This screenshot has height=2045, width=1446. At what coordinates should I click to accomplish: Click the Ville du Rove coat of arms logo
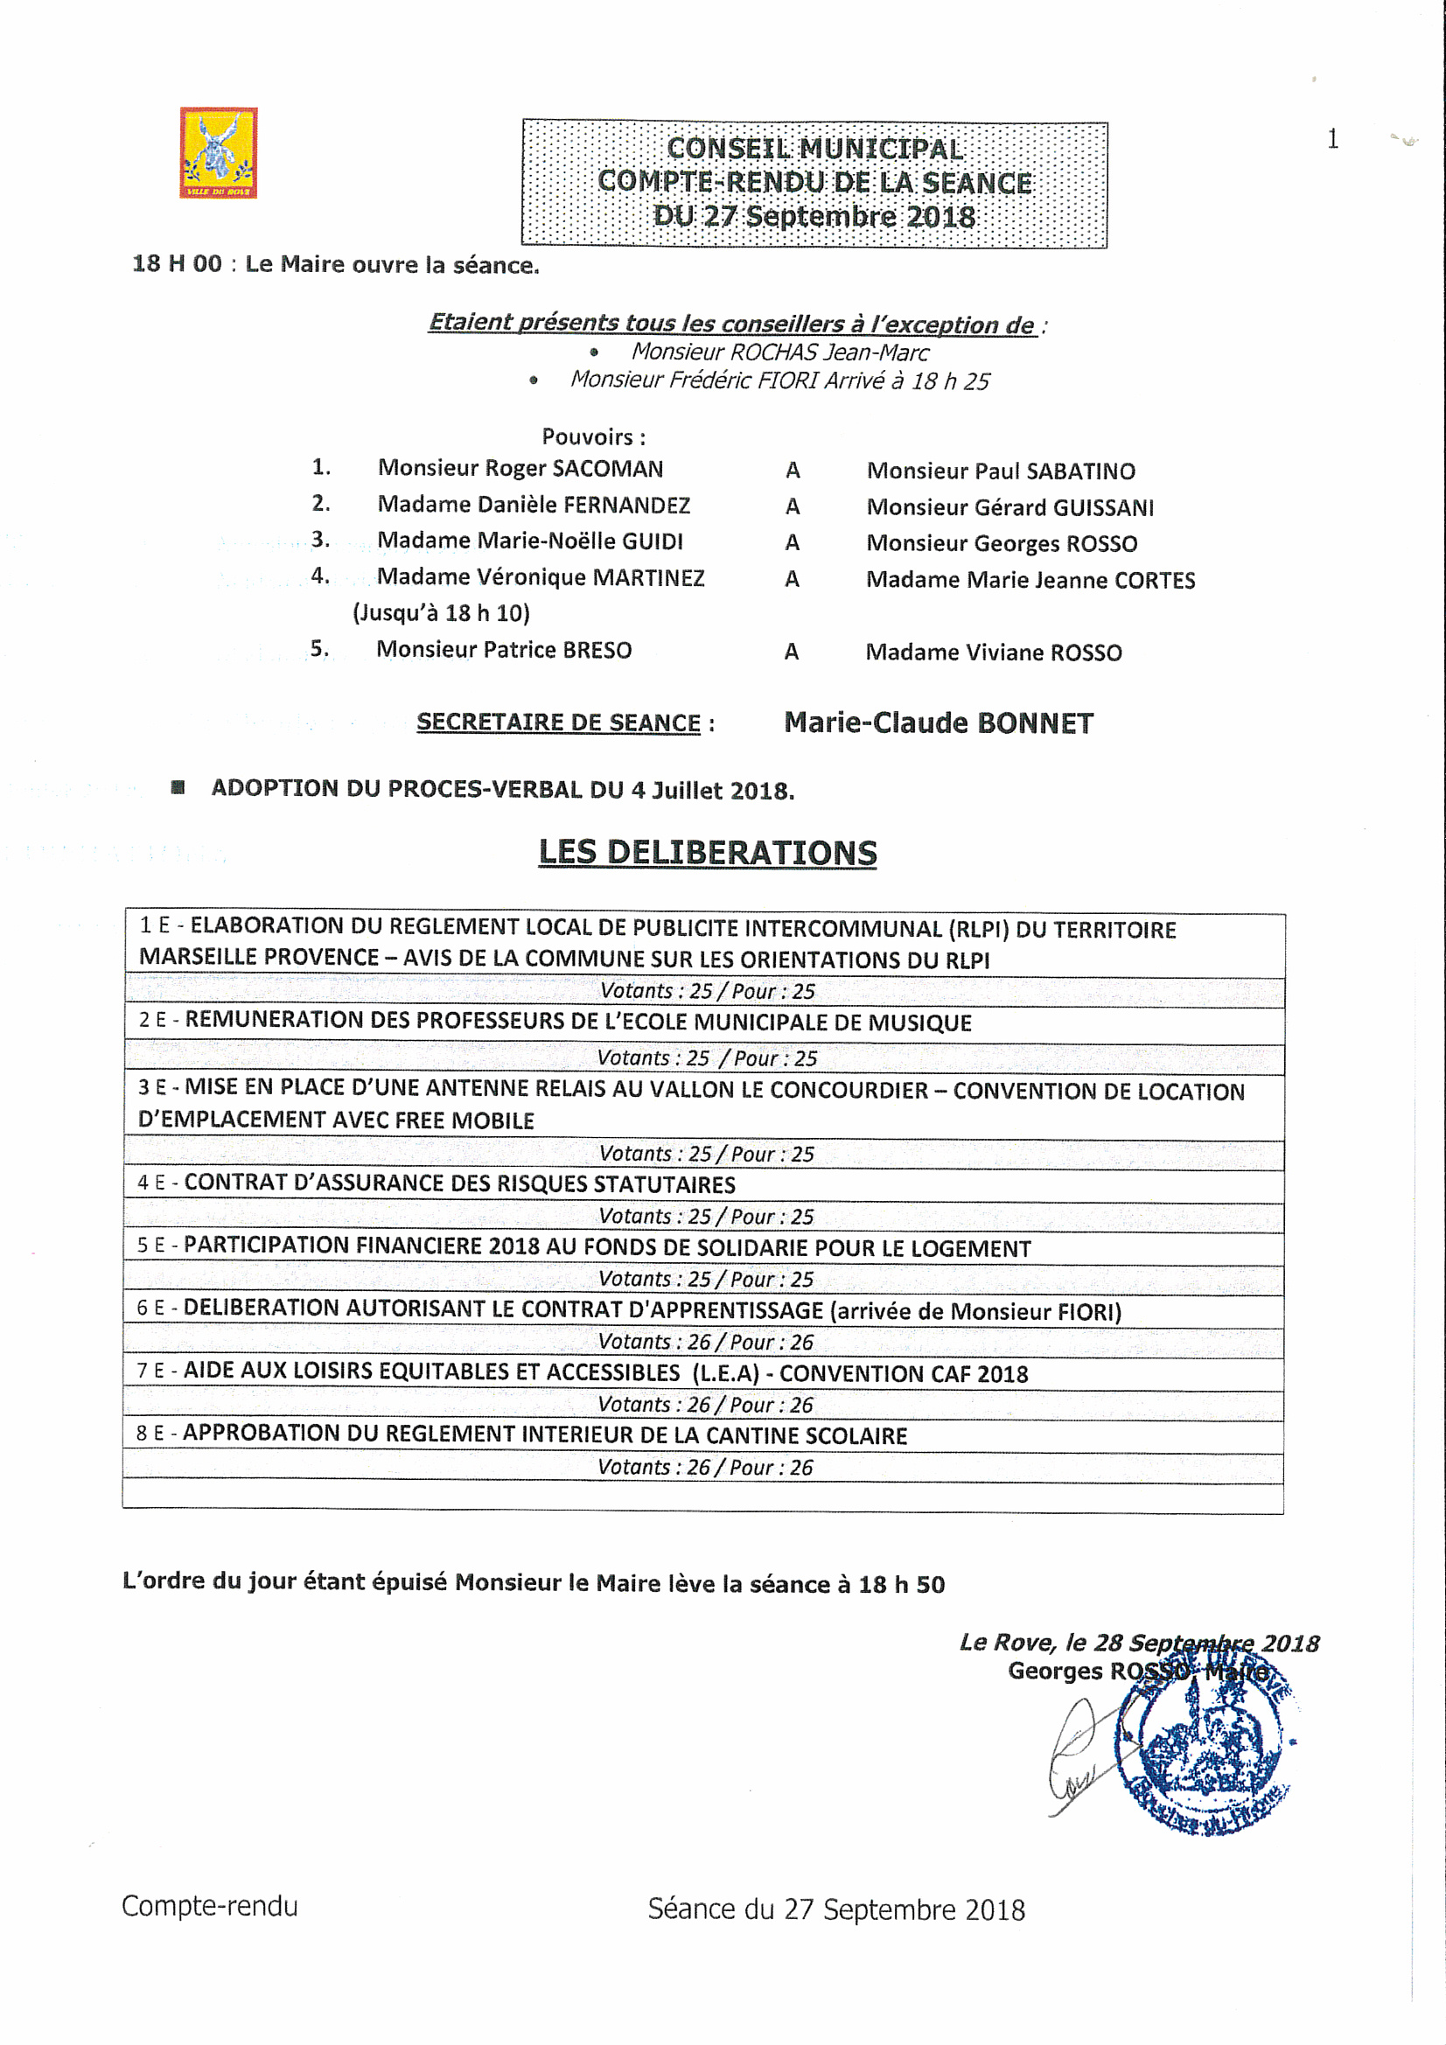point(219,152)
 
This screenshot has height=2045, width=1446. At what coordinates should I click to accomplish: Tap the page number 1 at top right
point(1332,139)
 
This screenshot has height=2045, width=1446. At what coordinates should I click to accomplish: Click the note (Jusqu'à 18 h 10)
point(441,613)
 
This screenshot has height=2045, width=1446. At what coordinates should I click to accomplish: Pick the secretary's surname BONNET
point(1035,723)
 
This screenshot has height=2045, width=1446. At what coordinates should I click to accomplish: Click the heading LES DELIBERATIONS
point(708,853)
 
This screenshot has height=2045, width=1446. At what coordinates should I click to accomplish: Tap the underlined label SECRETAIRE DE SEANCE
point(559,722)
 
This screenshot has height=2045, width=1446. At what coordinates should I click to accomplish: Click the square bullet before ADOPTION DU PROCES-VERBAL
point(178,787)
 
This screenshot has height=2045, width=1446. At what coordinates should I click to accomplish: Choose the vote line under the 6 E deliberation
point(706,1342)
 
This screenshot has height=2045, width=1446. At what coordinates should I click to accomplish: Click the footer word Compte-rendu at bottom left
point(209,1907)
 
